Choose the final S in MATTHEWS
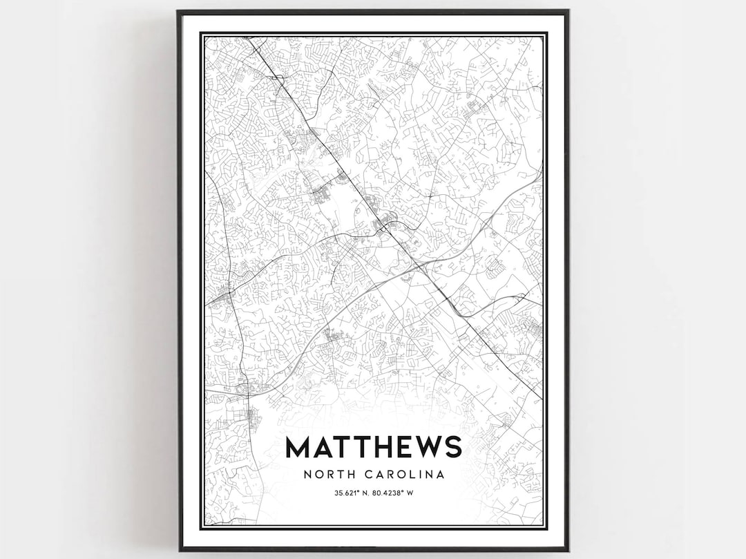[x=455, y=447]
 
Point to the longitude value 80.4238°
[x=389, y=493]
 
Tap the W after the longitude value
[x=410, y=493]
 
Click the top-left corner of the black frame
[x=178, y=10]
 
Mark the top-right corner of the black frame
[x=568, y=10]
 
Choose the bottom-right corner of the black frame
[x=568, y=551]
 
